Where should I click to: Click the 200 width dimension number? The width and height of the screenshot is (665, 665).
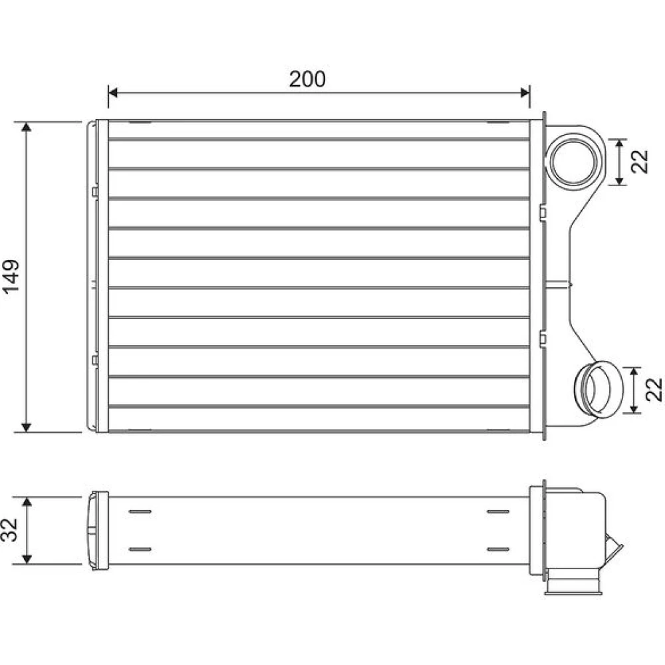307,79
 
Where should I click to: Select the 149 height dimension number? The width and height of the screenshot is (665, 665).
11,276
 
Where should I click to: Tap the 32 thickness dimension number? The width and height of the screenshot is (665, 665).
9,530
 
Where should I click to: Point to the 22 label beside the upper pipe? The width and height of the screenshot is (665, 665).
640,162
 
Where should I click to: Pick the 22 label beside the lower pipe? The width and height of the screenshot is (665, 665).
654,389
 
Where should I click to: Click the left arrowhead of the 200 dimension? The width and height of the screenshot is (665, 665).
113,92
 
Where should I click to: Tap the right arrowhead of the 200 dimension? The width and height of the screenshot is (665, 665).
525,92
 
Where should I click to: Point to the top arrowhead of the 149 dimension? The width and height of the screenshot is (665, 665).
27,127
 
